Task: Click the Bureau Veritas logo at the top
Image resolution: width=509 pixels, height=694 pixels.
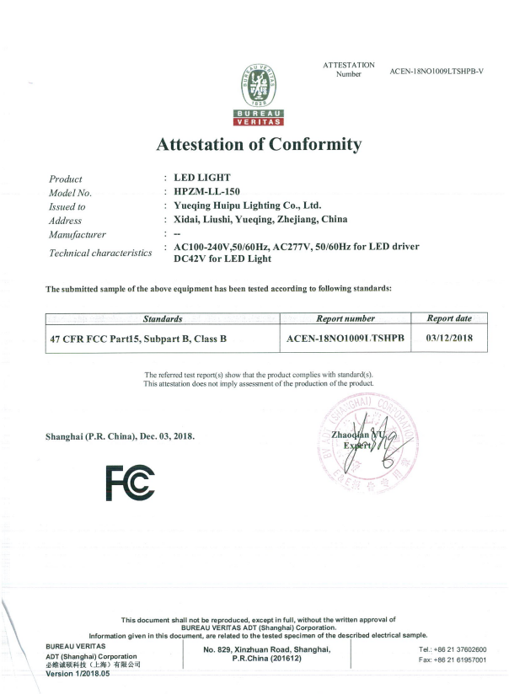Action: click(258, 93)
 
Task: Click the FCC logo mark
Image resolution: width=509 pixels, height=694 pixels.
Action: click(130, 482)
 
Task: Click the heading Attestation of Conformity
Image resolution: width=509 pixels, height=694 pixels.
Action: click(259, 144)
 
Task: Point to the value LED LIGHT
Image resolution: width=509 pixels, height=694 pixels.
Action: click(201, 178)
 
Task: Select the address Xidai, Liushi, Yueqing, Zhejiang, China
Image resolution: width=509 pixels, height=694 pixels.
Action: click(260, 219)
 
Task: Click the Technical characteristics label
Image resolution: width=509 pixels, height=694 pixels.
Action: click(100, 253)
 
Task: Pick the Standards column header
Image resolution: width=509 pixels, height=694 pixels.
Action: click(162, 319)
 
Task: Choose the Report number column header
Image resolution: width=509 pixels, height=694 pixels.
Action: click(345, 319)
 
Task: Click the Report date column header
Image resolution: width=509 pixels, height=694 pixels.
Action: click(449, 319)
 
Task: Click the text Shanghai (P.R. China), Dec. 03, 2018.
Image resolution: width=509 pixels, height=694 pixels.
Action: click(120, 435)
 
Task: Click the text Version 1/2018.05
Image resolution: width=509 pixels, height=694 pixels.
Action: click(78, 673)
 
